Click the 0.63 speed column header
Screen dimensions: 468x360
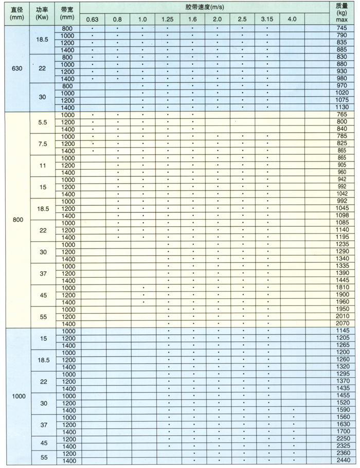[92, 19]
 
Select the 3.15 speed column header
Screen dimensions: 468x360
[267, 19]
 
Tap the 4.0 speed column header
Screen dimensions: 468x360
[292, 19]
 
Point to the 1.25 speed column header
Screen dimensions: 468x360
[167, 19]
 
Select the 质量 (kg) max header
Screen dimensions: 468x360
[342, 12]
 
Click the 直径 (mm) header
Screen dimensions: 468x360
[16, 12]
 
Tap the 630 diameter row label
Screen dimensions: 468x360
[16, 68]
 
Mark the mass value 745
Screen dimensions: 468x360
[342, 28]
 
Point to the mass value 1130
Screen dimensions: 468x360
[342, 107]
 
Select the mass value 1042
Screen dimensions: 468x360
[342, 193]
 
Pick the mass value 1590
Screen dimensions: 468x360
[342, 409]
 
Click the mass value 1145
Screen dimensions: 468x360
[342, 330]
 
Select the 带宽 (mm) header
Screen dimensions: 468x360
[67, 12]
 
